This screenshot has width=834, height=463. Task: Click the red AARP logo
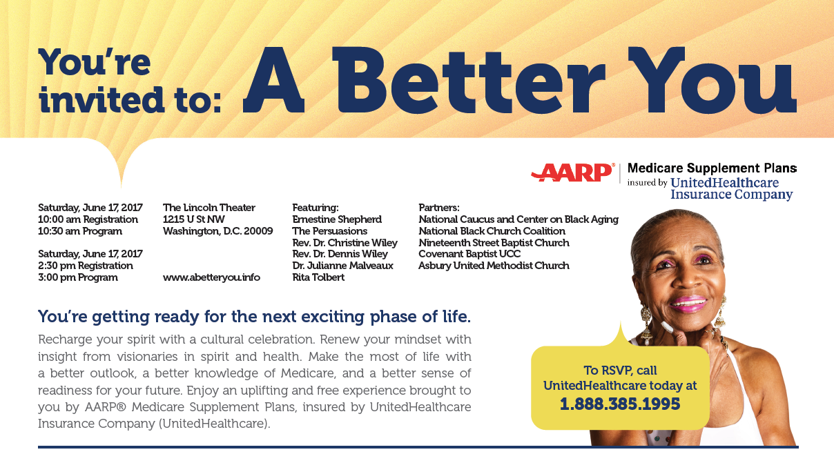[x=572, y=173]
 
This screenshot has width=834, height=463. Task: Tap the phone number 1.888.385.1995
[x=620, y=404]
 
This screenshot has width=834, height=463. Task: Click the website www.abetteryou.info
[x=211, y=277]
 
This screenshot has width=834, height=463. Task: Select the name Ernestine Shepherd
[x=337, y=219]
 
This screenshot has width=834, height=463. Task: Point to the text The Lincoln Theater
[x=209, y=207]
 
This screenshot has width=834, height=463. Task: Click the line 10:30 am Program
[x=80, y=231]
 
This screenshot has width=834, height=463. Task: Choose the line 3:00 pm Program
[x=78, y=277]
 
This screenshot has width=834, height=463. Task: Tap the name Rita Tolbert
[x=318, y=277]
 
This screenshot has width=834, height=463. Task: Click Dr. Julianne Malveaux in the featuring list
[x=342, y=266]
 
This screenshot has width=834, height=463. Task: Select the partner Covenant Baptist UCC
[x=469, y=254]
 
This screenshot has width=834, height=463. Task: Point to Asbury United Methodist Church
[x=494, y=266]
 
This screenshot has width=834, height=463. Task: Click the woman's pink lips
[x=688, y=304]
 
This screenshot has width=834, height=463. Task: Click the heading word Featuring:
[x=316, y=208]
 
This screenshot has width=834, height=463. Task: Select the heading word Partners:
[x=439, y=207]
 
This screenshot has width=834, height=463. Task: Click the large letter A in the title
[x=273, y=79]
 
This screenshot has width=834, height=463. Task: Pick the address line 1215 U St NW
[x=193, y=219]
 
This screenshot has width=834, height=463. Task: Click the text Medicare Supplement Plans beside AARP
[x=712, y=168]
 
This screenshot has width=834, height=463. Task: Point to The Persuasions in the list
[x=329, y=231]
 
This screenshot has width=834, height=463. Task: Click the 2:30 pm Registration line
[x=85, y=266]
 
